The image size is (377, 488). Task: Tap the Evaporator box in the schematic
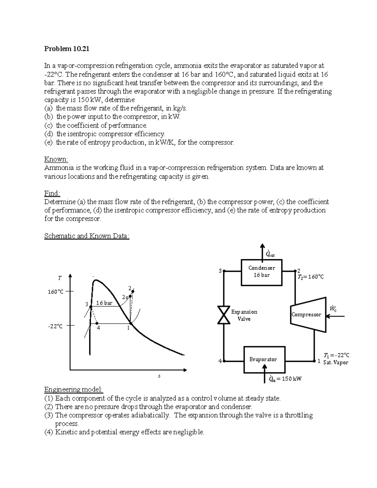264,359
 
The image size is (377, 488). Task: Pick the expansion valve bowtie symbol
224,315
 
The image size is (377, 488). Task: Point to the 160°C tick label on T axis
55,292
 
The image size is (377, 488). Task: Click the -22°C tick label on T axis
55,326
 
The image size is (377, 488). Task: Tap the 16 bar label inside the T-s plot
104,303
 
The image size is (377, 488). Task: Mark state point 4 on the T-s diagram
97,323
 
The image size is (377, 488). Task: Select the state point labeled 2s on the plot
130,296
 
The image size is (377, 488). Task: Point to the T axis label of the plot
60,278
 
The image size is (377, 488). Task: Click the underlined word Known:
56,159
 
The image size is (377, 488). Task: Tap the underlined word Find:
52,193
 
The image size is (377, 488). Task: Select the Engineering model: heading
74,390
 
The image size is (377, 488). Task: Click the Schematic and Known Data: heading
87,236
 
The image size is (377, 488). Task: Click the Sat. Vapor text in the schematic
336,363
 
